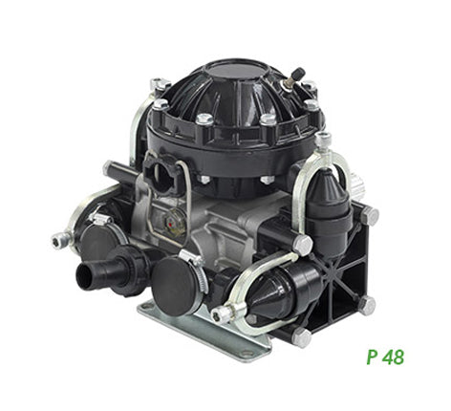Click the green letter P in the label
372,357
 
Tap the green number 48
394,357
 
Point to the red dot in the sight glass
171,225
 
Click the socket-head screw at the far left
60,240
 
